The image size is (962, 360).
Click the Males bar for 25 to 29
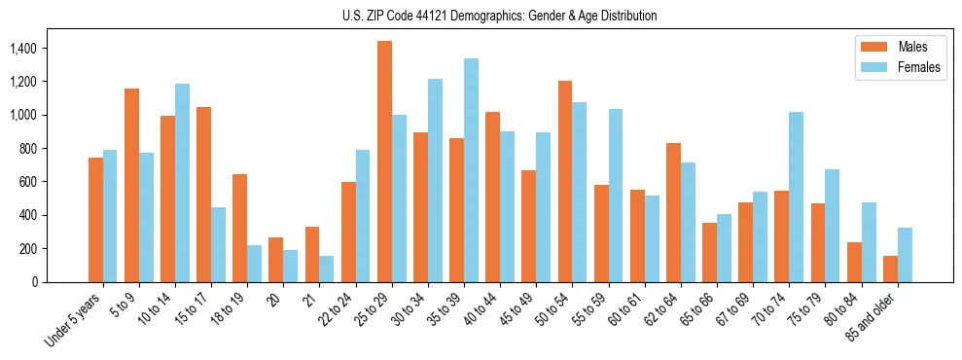384,162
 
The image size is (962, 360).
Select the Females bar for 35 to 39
471,170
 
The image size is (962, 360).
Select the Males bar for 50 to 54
565,181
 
